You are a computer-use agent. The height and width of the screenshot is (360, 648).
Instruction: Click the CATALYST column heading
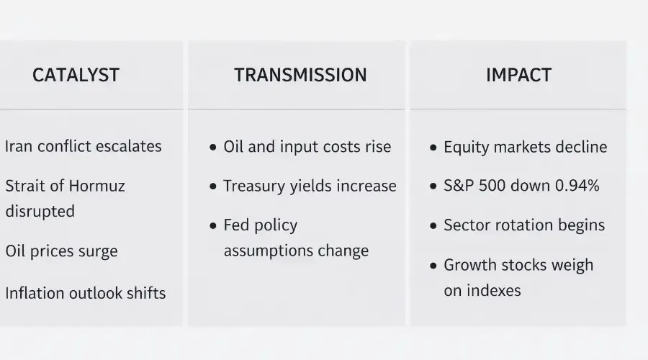76,75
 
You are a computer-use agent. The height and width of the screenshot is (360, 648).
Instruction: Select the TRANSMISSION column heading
300,75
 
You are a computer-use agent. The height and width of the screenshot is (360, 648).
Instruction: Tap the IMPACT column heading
518,75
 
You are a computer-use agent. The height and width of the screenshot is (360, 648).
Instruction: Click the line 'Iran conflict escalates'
83,146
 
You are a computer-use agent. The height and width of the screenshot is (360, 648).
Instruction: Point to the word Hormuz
97,186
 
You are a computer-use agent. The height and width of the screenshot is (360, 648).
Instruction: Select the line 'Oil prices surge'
61,251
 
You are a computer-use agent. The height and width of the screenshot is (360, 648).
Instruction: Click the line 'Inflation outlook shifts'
85,293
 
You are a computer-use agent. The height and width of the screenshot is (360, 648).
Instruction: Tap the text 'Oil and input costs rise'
307,147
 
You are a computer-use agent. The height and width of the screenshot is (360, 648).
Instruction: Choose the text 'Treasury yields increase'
310,186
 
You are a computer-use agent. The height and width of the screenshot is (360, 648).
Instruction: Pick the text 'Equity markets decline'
525,147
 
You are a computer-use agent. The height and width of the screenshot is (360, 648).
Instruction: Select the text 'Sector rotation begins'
524,225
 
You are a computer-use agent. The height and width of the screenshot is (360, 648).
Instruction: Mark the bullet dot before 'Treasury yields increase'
213,186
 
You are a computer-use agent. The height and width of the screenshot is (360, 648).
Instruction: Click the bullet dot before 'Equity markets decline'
433,148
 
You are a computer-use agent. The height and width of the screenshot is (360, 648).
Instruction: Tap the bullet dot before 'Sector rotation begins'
433,225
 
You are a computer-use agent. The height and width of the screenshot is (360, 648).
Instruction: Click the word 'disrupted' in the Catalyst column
40,211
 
